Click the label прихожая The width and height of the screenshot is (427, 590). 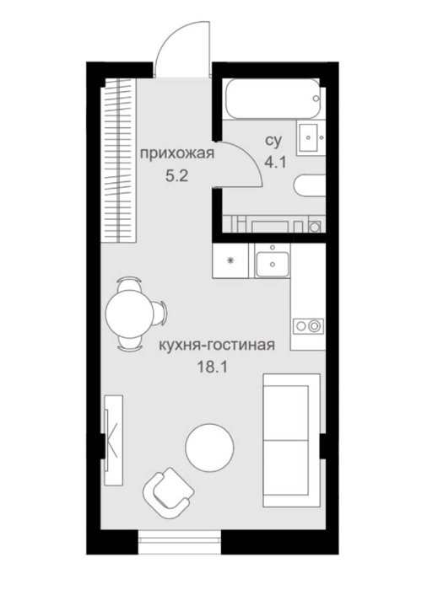177,154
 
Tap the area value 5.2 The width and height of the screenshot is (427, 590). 176,175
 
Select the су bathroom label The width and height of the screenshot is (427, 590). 273,141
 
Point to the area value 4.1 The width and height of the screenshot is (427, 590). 275,163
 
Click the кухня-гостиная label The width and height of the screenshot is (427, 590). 217,345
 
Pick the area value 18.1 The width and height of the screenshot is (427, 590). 213,367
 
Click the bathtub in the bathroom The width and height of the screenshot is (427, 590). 273,99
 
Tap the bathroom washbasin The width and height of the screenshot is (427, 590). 311,137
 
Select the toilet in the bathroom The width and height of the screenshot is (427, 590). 310,185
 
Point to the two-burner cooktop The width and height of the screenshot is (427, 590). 308,326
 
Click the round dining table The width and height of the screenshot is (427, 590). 129,313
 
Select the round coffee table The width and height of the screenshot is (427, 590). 210,448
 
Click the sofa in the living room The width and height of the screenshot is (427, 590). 292,440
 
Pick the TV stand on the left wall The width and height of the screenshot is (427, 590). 113,440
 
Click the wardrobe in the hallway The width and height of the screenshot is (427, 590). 119,160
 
